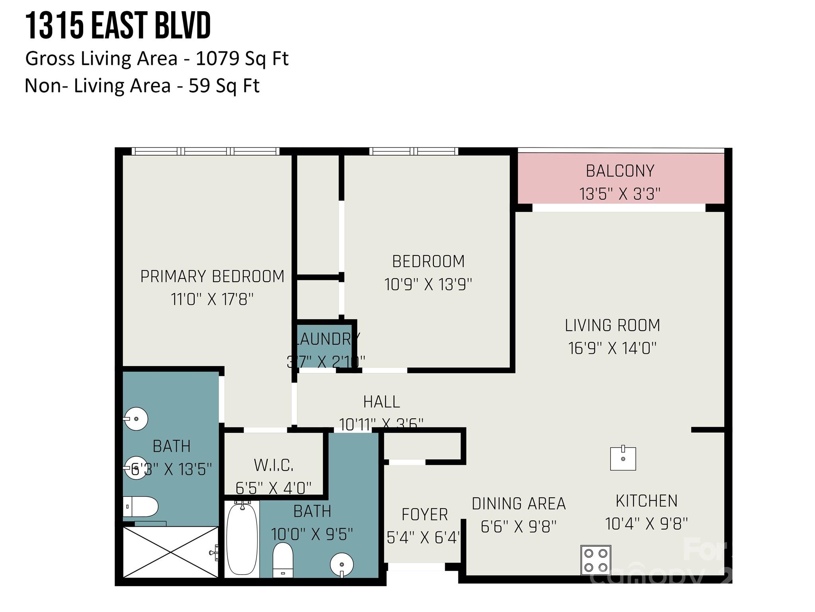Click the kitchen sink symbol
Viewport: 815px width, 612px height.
point(623,458)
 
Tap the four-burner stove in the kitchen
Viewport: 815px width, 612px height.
point(595,560)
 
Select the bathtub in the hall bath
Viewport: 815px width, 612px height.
point(242,539)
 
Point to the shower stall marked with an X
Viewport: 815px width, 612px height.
point(170,552)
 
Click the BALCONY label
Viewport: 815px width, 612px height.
point(620,171)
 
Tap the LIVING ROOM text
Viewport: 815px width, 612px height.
point(612,326)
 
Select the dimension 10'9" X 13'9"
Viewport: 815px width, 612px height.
point(428,284)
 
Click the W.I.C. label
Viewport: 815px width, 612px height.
point(274,465)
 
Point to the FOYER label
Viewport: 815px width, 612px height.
point(425,514)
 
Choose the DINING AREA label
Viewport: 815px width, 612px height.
point(519,504)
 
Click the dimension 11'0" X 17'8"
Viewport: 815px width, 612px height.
point(212,299)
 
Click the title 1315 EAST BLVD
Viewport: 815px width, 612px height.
point(118,26)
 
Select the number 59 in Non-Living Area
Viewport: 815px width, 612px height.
point(199,86)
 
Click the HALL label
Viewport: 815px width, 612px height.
point(381,402)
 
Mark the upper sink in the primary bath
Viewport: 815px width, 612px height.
point(136,419)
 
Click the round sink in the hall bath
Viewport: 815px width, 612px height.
point(342,564)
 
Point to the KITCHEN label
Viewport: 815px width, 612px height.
point(646,501)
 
